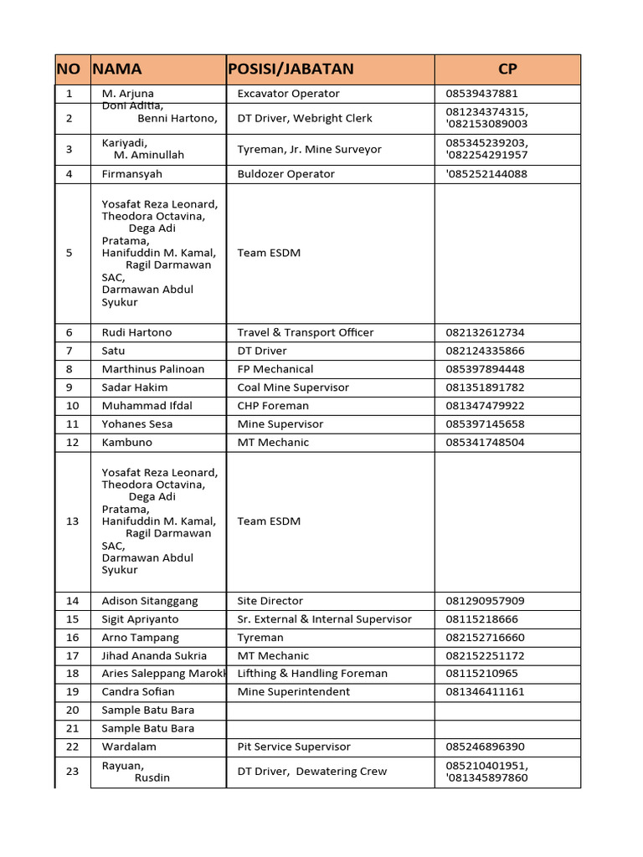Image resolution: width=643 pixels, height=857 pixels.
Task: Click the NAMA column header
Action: click(118, 69)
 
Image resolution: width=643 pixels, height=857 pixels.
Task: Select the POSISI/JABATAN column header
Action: click(291, 69)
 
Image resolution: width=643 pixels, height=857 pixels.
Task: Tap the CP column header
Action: click(507, 69)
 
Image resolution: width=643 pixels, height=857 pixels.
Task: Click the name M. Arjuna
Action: click(128, 94)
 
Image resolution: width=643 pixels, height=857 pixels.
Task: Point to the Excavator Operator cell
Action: click(288, 94)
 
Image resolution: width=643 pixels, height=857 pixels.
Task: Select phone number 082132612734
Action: click(485, 332)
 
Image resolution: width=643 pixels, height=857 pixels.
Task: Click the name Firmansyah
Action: click(132, 174)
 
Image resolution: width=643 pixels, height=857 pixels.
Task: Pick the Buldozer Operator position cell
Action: click(285, 174)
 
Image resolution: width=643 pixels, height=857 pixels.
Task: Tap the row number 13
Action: click(72, 521)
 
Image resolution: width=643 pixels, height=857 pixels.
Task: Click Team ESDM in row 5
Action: click(269, 253)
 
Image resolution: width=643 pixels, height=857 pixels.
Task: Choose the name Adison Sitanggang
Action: click(150, 601)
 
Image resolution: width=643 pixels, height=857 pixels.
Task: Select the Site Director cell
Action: click(270, 601)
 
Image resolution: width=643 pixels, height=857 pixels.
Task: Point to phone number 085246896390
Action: click(485, 747)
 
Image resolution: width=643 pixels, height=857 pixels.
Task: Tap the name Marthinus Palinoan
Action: click(152, 369)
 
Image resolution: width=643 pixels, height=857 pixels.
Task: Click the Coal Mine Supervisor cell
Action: click(293, 387)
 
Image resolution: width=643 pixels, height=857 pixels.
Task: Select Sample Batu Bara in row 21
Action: click(147, 728)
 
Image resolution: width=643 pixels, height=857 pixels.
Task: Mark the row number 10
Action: click(72, 406)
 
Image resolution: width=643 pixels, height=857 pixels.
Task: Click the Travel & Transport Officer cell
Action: click(305, 332)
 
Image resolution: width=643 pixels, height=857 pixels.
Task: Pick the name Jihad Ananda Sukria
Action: click(154, 656)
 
